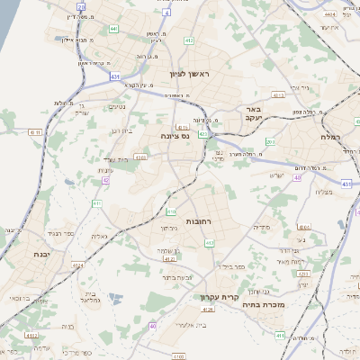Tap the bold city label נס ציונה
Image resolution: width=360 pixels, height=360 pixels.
[174, 136]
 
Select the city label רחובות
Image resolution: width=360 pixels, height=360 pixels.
[198, 220]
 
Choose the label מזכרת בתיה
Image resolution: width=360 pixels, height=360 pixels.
[262, 305]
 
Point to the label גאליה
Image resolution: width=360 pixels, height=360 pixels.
[100, 236]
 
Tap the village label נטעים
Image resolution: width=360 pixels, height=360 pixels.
[118, 107]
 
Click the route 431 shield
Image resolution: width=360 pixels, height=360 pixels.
[115, 77]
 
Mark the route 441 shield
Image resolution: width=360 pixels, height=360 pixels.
[113, 29]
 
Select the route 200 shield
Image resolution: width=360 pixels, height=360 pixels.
[271, 141]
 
